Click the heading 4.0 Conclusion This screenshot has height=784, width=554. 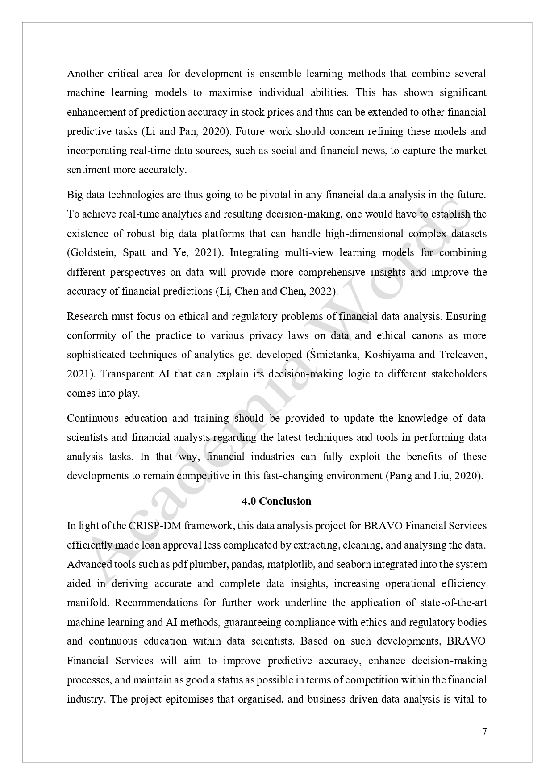[276, 501]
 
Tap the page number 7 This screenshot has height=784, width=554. [484, 732]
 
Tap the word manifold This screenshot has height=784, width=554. [88, 603]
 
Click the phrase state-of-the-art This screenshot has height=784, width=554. [453, 603]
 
